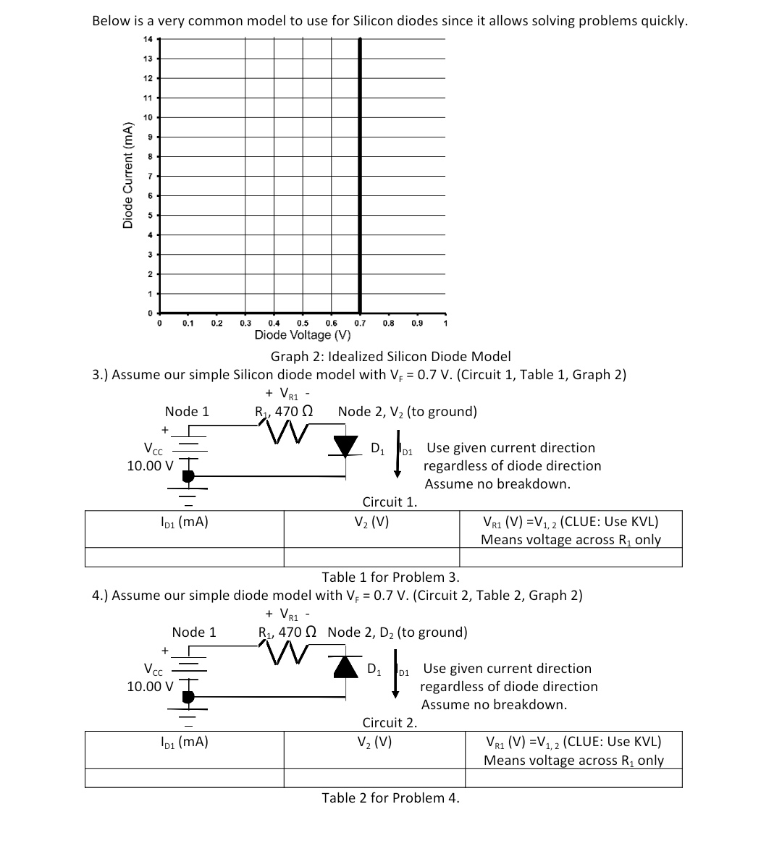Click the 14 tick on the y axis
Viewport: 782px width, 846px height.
148,38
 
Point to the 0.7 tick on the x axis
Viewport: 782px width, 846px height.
359,323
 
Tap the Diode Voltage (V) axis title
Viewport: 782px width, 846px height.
303,335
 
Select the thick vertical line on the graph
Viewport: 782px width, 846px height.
360,174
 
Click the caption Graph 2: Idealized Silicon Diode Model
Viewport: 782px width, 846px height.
390,356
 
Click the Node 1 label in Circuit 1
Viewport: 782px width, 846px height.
187,412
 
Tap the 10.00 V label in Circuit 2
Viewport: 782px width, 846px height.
150,686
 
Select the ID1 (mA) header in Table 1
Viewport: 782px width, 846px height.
184,521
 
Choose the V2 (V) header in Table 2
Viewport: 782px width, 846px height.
374,742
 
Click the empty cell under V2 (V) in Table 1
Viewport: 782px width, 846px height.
371,557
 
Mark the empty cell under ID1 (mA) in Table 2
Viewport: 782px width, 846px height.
184,778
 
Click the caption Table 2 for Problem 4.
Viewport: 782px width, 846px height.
390,798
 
